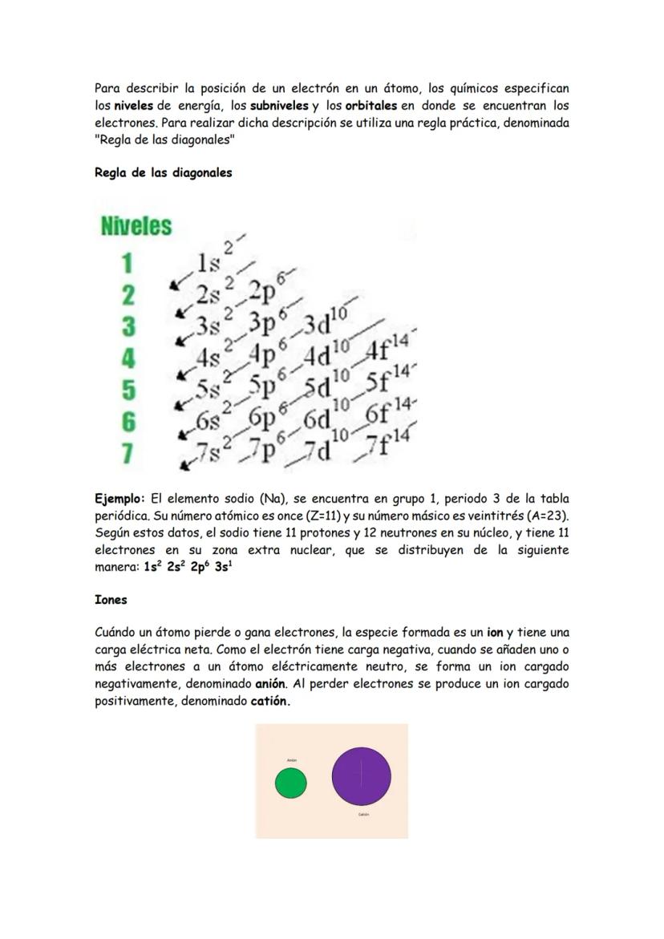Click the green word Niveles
136,226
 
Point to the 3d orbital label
324,325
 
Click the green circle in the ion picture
290,783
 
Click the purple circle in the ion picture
362,777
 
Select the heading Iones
111,600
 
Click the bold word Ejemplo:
119,499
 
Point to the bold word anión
270,684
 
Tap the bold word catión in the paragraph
269,701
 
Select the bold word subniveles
279,106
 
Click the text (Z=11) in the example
322,516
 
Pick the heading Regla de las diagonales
163,172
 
